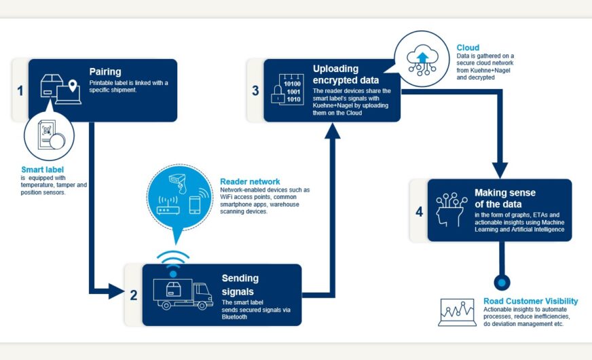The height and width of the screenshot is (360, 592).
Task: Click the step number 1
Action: (x=20, y=89)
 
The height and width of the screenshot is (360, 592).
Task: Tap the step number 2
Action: (x=133, y=295)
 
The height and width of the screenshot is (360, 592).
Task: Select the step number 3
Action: (x=255, y=90)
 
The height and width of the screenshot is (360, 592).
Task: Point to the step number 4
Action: (x=419, y=211)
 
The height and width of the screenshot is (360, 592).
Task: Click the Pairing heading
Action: (x=105, y=71)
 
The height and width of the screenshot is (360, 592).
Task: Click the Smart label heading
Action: (x=43, y=169)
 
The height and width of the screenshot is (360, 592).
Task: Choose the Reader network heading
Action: (x=249, y=181)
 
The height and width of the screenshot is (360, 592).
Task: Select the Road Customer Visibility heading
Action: (x=530, y=301)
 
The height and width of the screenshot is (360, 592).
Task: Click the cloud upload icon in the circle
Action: (x=422, y=58)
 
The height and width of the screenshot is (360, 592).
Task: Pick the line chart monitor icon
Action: (x=457, y=312)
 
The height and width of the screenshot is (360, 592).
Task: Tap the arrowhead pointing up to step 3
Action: (x=332, y=131)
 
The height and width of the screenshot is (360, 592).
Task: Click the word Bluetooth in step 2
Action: (x=235, y=316)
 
